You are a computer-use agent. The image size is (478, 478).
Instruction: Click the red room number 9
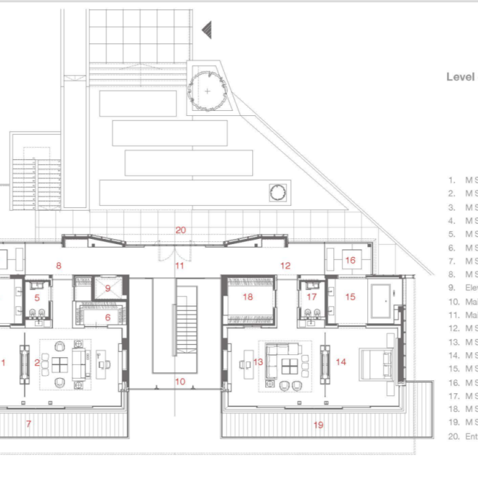pos(108,288)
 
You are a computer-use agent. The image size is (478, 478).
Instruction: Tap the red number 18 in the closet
pos(248,297)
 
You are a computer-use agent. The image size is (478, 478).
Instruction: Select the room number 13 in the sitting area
pos(258,362)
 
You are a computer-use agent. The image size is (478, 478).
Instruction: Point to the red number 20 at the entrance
pos(180,230)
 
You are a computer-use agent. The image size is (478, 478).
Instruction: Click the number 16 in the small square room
pos(350,260)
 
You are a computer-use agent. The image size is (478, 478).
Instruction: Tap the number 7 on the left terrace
pos(29,423)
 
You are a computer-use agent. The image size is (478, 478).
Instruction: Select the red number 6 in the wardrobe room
pos(108,317)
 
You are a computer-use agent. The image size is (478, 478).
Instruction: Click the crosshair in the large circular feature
pos(208,91)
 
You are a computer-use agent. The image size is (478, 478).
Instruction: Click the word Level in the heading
pos(460,77)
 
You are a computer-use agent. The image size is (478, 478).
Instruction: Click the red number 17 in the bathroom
pos(311,296)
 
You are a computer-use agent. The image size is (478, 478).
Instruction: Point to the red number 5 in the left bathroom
pos(35,297)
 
